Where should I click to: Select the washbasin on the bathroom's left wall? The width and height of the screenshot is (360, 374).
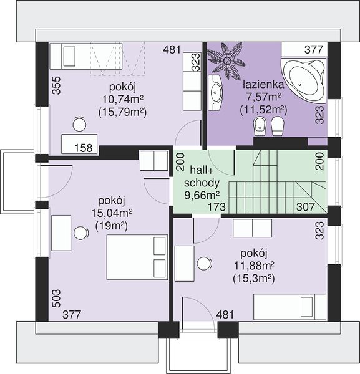coord(215,92)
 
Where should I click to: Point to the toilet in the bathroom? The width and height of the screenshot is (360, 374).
coord(278,126)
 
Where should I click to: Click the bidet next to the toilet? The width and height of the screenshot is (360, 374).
coord(260,126)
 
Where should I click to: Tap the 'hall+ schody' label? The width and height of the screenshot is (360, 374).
coord(202,177)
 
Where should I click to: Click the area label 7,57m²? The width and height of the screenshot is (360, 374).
coord(263,97)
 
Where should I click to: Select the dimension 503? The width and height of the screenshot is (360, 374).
coord(56,299)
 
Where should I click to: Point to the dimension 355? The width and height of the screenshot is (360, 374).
coord(56,85)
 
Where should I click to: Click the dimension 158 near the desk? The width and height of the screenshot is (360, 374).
coord(84,148)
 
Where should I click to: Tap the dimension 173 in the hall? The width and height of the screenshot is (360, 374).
coord(216,207)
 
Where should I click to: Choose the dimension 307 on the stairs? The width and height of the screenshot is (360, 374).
coord(306,207)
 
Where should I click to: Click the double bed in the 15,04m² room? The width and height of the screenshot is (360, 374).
coord(137,257)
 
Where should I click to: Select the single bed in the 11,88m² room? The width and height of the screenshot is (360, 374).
coord(289,307)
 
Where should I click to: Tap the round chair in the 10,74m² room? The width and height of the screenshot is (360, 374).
coord(79,124)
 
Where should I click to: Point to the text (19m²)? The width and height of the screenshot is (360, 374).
coord(112,226)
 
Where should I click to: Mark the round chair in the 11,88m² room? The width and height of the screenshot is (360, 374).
coord(205,263)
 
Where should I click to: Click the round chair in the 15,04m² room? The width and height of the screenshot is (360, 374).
coord(81,233)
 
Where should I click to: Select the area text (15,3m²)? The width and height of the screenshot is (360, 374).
coord(254,279)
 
